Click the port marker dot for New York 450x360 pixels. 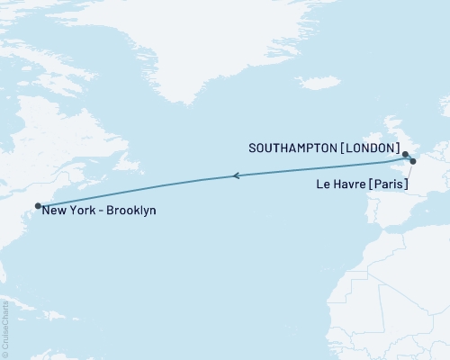pyautogui.click(x=38, y=206)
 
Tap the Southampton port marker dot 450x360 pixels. pyautogui.click(x=406, y=154)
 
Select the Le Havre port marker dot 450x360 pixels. pyautogui.click(x=413, y=162)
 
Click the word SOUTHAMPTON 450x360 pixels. pyautogui.click(x=291, y=146)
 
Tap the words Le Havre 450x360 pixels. pyautogui.click(x=337, y=184)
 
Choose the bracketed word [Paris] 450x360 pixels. pyautogui.click(x=386, y=184)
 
